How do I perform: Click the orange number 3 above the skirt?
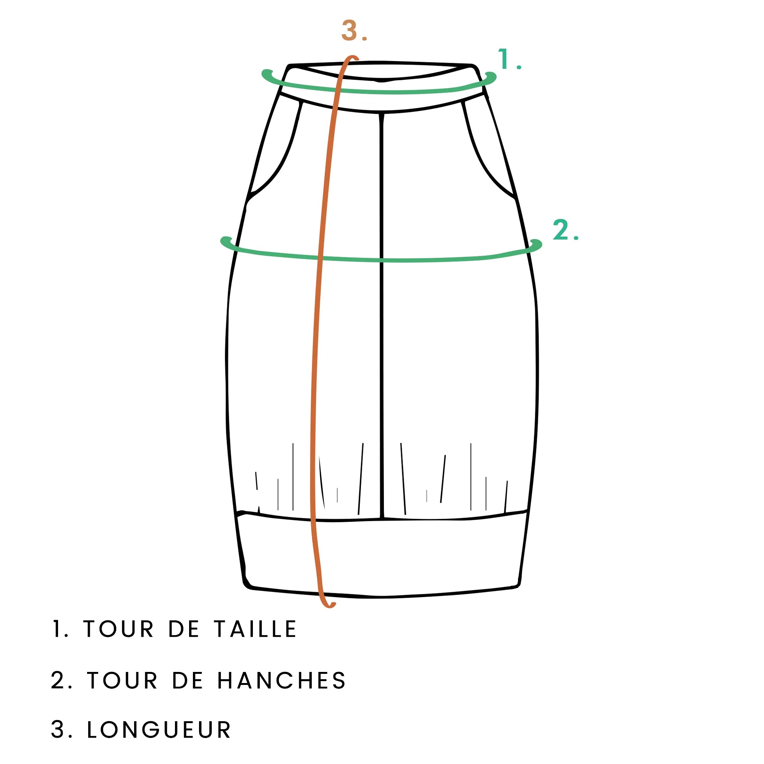[x=350, y=31]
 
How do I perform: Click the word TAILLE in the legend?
[x=255, y=629]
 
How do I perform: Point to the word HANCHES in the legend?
[x=282, y=681]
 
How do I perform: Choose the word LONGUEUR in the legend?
[x=159, y=730]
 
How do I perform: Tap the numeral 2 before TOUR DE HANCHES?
[x=58, y=681]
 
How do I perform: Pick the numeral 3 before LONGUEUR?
[x=58, y=730]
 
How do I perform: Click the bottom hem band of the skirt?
[x=381, y=554]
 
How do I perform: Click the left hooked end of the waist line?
[x=267, y=72]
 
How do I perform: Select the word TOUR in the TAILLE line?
[x=118, y=629]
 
